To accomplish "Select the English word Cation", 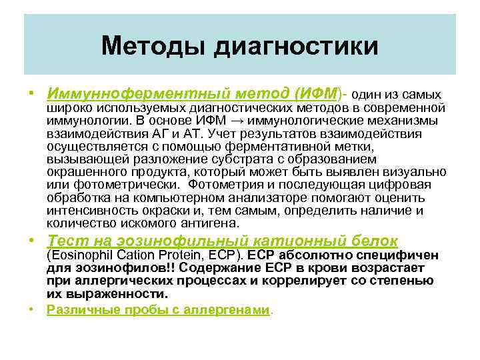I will pos(130,255).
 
